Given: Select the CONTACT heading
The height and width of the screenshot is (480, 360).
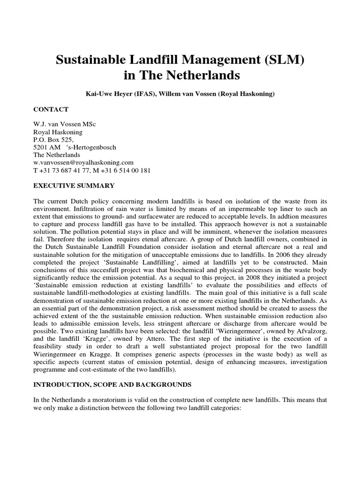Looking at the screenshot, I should (x=51, y=109).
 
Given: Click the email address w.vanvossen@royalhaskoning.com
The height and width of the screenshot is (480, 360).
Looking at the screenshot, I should (x=83, y=163).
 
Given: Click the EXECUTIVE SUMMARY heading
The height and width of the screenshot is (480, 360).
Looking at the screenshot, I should (x=74, y=186).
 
